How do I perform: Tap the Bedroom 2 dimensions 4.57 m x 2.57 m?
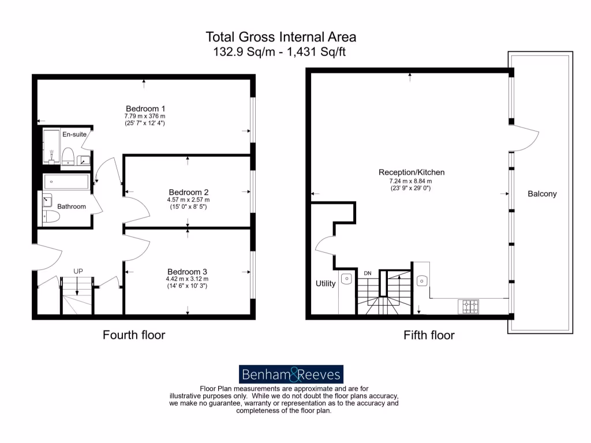[x=188, y=200]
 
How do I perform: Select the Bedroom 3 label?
[x=188, y=272]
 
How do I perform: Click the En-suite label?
[x=74, y=134]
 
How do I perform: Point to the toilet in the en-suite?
[x=68, y=156]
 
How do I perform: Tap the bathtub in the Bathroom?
[x=66, y=182]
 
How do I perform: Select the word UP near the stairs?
[x=78, y=271]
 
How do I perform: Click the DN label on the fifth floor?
[x=367, y=273]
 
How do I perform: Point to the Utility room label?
[x=326, y=284]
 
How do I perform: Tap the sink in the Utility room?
[x=346, y=279]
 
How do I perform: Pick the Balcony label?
[x=542, y=194]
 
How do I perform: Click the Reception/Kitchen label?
[x=412, y=172]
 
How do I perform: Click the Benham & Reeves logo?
[x=291, y=374]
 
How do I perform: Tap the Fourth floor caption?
[x=134, y=335]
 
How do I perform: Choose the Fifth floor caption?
[x=429, y=335]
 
